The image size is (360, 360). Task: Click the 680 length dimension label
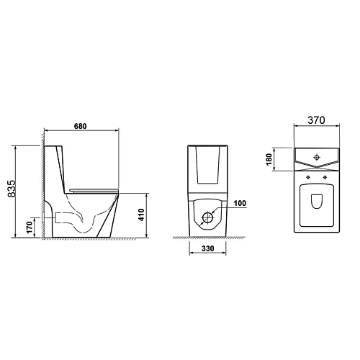pyautogui.click(x=80, y=126)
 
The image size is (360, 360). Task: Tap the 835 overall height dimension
pyautogui.click(x=12, y=189)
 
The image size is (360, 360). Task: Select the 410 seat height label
pyautogui.click(x=141, y=215)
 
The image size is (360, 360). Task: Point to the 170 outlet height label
pyautogui.click(x=29, y=228)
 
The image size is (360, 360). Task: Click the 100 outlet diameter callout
pyautogui.click(x=240, y=203)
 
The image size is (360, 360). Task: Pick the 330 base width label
pyautogui.click(x=207, y=248)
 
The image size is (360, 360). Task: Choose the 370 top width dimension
pyautogui.click(x=316, y=120)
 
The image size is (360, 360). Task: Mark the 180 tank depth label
pyautogui.click(x=269, y=159)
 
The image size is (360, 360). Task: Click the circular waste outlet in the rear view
pyautogui.click(x=208, y=217)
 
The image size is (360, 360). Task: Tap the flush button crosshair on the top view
pyautogui.click(x=317, y=157)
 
